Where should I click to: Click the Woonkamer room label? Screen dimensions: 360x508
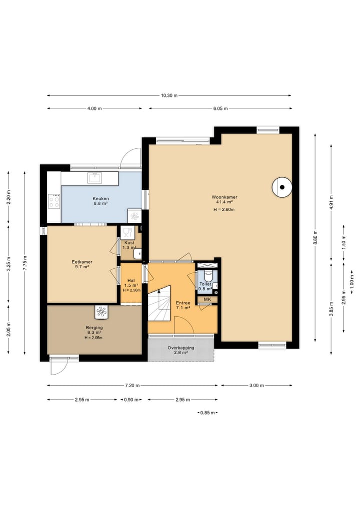(x=224, y=197)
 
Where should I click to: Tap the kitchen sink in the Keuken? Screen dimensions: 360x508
(x=94, y=178)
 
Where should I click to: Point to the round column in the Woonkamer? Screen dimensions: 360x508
(x=282, y=187)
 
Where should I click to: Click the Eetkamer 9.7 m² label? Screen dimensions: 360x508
(x=82, y=264)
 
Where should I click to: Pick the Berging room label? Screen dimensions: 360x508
(x=94, y=328)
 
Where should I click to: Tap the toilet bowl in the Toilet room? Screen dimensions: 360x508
(x=208, y=276)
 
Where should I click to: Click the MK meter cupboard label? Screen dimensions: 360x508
(x=207, y=299)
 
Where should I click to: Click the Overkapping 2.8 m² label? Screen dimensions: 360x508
(x=181, y=350)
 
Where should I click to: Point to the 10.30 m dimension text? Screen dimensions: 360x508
(x=169, y=95)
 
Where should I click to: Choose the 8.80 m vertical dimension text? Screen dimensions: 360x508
(x=315, y=237)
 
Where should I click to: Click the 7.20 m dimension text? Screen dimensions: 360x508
(x=132, y=386)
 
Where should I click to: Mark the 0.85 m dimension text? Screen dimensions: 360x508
(x=207, y=413)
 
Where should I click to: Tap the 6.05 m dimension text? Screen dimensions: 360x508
(x=220, y=108)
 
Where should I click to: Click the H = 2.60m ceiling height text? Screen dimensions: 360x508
(x=224, y=210)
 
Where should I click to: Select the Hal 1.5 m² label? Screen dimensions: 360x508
(x=131, y=283)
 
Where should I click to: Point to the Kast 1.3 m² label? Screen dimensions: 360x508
(x=129, y=245)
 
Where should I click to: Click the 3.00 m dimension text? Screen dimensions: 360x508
(x=256, y=386)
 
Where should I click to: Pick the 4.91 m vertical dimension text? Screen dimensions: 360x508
(x=331, y=202)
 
